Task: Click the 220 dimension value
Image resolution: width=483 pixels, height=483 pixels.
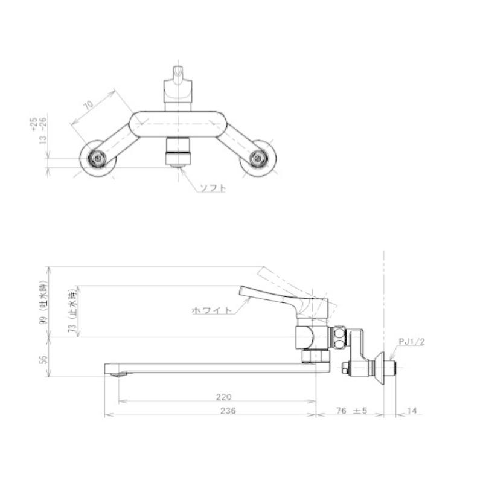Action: (223, 397)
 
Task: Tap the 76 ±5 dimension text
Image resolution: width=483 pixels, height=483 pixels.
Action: (352, 411)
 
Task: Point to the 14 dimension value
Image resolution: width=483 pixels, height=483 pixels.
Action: (412, 411)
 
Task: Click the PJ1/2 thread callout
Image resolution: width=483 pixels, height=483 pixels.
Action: (412, 342)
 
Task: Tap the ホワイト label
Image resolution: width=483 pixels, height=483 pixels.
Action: (211, 310)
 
